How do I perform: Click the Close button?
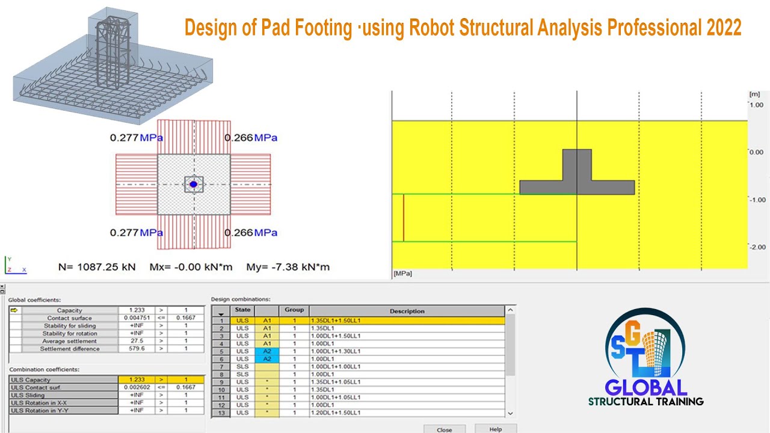point(444,429)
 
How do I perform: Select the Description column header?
point(407,311)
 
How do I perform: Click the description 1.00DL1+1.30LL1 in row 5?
point(335,351)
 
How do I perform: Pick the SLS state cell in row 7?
point(242,366)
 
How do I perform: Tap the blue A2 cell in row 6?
point(267,359)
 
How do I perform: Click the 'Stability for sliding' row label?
point(69,325)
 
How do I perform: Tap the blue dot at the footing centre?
point(194,185)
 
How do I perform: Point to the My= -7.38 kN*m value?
point(288,267)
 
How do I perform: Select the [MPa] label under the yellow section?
point(402,274)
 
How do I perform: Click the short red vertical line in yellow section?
point(403,218)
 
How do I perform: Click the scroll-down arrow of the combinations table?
point(510,413)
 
